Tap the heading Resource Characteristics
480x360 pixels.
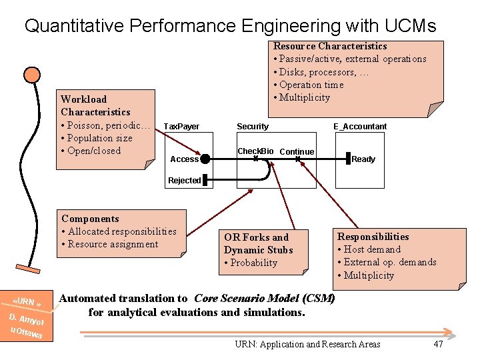pyautogui.click(x=330, y=46)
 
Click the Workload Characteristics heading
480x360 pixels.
pyautogui.click(x=95, y=105)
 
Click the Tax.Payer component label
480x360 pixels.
pyautogui.click(x=181, y=127)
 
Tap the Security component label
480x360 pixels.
pyautogui.click(x=253, y=127)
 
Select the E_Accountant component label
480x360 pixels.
pyautogui.click(x=360, y=127)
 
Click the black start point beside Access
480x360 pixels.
pyautogui.click(x=205, y=159)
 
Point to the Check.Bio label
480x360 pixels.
pyautogui.click(x=255, y=151)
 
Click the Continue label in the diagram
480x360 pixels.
pyautogui.click(x=297, y=152)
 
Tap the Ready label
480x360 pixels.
pyautogui.click(x=363, y=159)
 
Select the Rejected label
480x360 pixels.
pyautogui.click(x=185, y=181)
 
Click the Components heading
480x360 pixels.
pyautogui.click(x=90, y=219)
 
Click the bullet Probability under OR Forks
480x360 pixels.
pyautogui.click(x=253, y=263)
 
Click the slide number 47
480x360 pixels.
pyautogui.click(x=438, y=344)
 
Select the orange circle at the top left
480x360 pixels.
pyautogui.click(x=31, y=75)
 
